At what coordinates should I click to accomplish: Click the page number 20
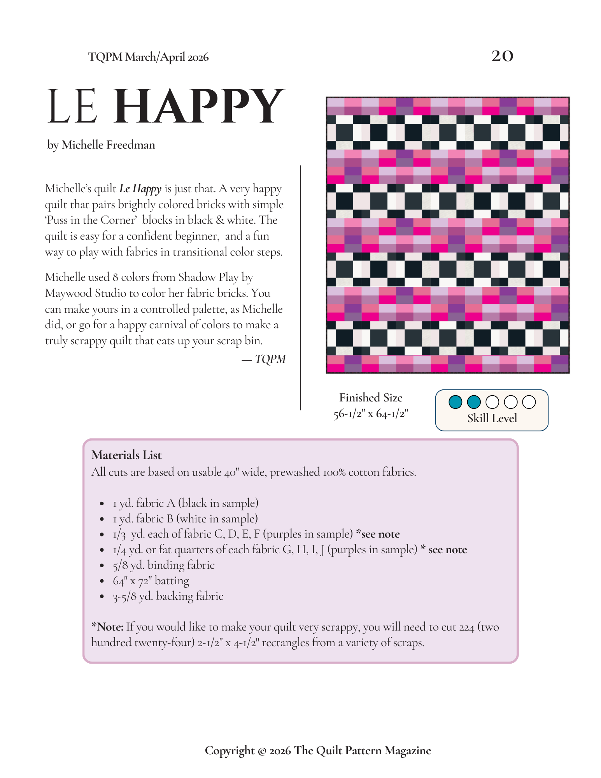(502, 56)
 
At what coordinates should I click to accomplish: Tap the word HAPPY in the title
(200, 106)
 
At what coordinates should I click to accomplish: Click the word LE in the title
(72, 106)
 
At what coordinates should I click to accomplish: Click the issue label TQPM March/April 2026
(148, 57)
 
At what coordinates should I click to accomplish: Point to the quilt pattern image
(447, 235)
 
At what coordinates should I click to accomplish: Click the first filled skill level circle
(455, 402)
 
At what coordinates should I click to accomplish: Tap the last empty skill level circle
(529, 402)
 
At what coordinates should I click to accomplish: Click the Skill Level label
(492, 418)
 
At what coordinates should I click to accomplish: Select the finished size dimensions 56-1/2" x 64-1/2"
(371, 414)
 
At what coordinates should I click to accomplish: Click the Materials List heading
(126, 455)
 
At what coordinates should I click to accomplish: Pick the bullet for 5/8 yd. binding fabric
(102, 566)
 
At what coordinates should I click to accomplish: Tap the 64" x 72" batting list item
(151, 581)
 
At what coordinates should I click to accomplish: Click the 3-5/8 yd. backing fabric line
(168, 596)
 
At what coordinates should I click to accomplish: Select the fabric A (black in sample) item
(186, 503)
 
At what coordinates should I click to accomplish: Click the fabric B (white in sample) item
(185, 519)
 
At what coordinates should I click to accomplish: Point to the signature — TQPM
(264, 359)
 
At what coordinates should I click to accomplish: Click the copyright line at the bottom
(317, 750)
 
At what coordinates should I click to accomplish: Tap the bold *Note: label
(107, 627)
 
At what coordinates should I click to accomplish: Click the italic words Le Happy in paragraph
(140, 189)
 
